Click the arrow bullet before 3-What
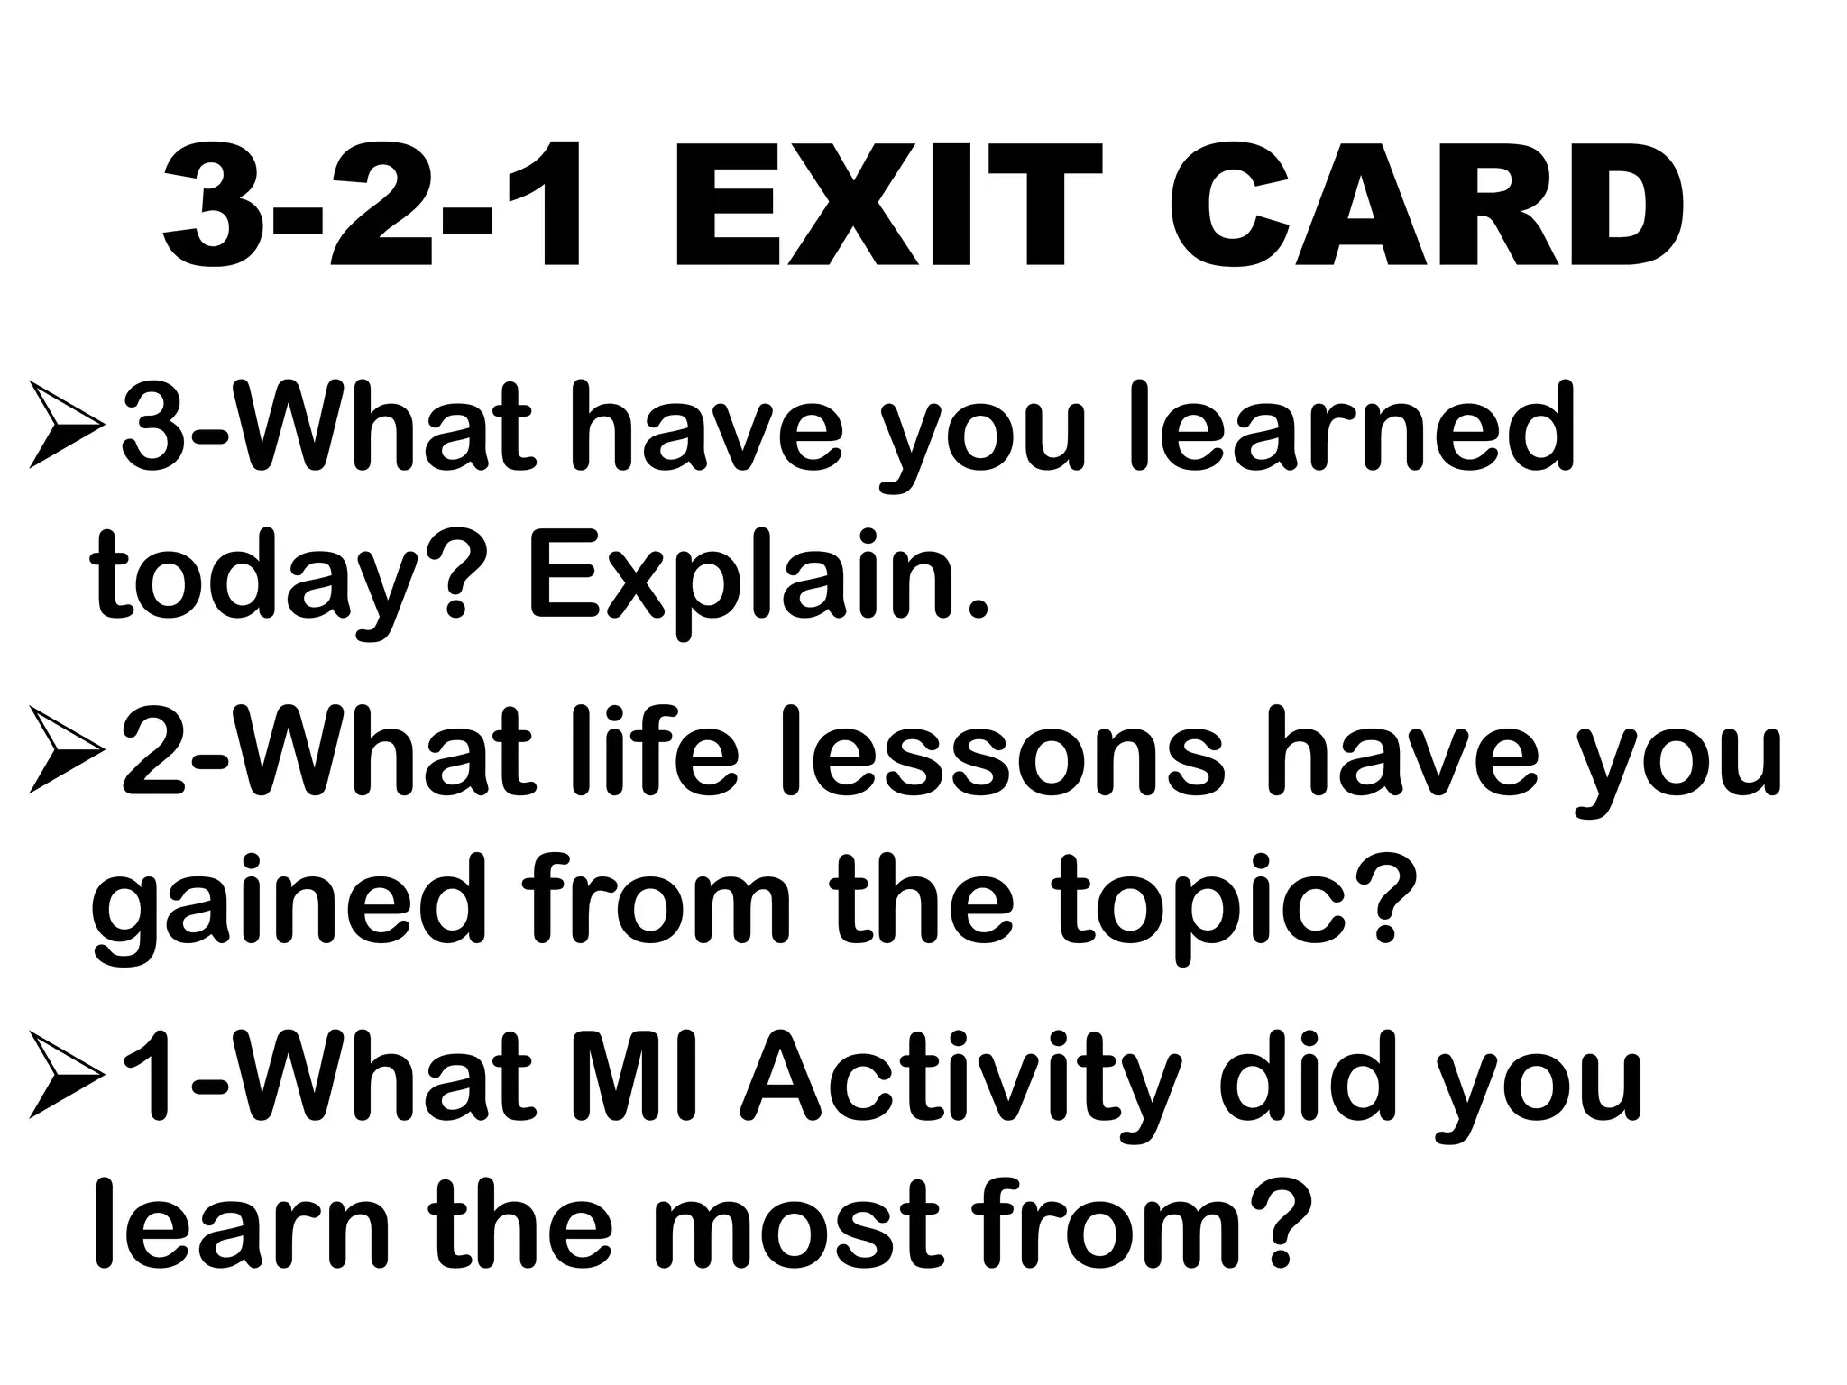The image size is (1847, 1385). coord(67,425)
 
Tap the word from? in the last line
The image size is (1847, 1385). coord(1127,1226)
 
